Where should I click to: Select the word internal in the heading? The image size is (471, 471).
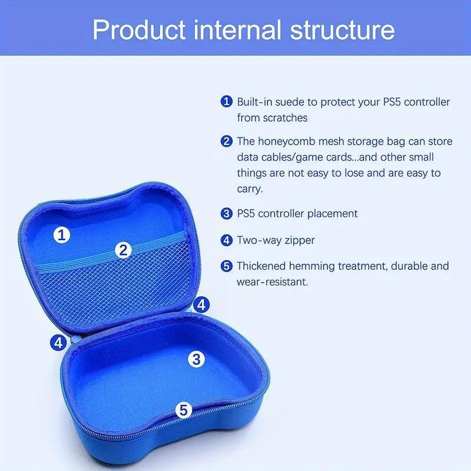click(234, 29)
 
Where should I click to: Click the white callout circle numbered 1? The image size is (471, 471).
click(62, 235)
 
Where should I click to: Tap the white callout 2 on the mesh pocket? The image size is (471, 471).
click(123, 250)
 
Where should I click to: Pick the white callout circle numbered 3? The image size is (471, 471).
click(197, 358)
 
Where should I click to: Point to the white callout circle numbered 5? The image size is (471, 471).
click(184, 410)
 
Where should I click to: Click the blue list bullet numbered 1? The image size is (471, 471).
click(227, 102)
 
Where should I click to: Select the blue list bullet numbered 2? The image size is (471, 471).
click(227, 141)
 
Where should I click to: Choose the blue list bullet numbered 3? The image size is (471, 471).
click(227, 213)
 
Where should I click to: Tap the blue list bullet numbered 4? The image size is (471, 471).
click(227, 240)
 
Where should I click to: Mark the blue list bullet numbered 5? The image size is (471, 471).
click(227, 266)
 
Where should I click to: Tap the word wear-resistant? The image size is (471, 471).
click(272, 282)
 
